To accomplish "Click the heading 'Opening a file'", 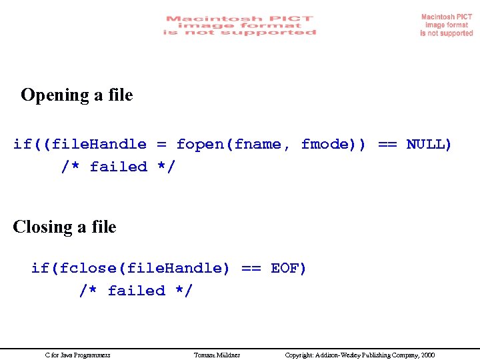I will (77, 95).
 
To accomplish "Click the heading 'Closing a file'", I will (65, 227).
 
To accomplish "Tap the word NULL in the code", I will (429, 144).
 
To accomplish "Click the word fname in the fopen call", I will (260, 144).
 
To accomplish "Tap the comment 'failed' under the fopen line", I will (119, 167).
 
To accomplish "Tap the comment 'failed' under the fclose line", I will (137, 291).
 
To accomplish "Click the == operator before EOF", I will (251, 268).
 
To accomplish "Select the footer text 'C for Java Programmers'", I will (77, 355).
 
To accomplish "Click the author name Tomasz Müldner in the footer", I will (217, 355).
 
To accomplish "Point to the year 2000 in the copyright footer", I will (427, 355).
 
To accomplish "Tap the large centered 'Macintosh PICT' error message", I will (239, 25).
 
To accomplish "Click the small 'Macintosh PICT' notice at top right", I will (447, 25).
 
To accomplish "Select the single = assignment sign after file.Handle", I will (161, 144).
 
